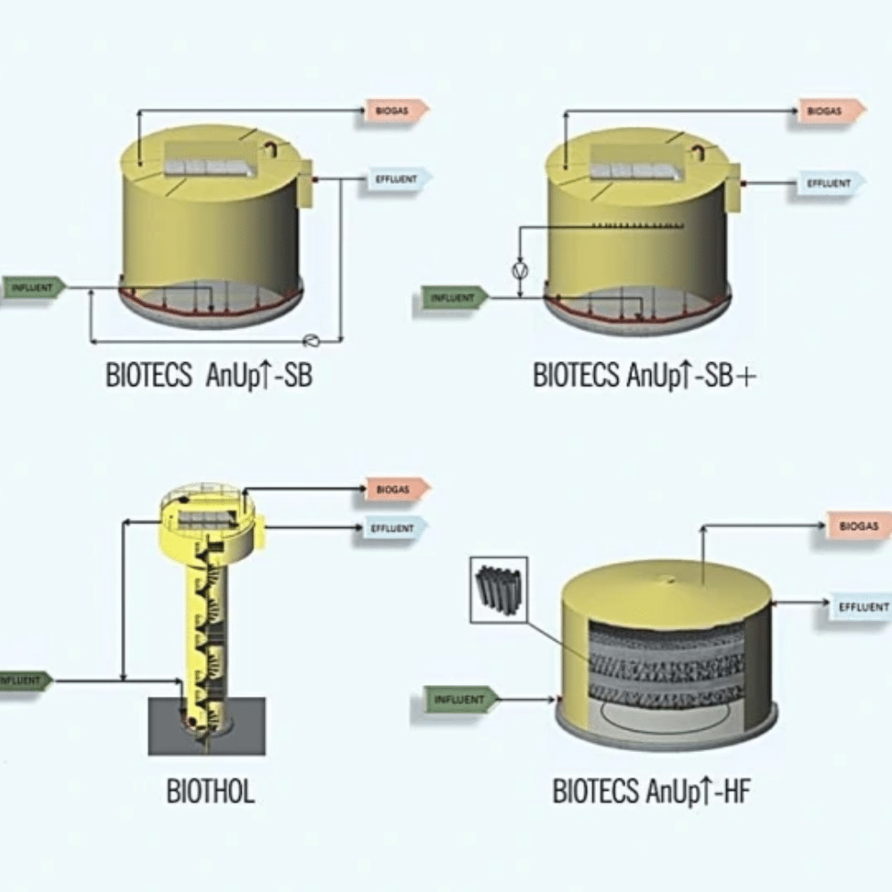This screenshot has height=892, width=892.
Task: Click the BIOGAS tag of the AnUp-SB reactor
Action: [393, 109]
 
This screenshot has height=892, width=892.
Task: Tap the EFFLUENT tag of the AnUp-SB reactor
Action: [399, 179]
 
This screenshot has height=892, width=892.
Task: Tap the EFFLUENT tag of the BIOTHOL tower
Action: [393, 528]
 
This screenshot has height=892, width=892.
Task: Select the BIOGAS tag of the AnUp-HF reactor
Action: [857, 525]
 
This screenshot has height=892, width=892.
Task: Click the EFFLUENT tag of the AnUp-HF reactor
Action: [860, 607]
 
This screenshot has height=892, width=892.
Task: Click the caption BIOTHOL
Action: [210, 791]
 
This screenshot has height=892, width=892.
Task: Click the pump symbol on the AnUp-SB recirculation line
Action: [311, 339]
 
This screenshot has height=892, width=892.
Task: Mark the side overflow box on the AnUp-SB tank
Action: [305, 183]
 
